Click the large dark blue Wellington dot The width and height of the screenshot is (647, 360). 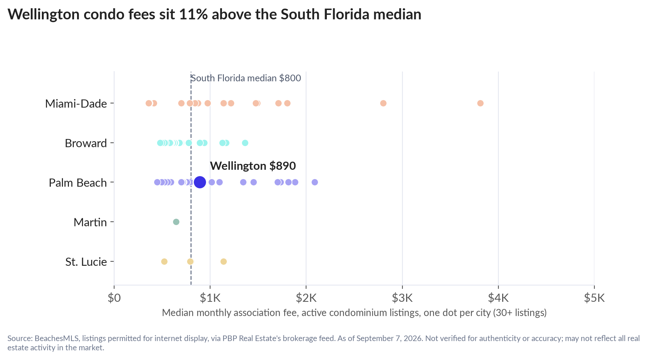pyautogui.click(x=200, y=182)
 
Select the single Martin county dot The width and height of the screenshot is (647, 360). pyautogui.click(x=176, y=222)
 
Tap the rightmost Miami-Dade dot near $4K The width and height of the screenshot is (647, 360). pyautogui.click(x=480, y=103)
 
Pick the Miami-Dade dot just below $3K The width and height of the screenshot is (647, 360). pyautogui.click(x=383, y=103)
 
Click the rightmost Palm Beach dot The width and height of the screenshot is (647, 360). pyautogui.click(x=315, y=182)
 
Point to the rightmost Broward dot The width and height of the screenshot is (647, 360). pyautogui.click(x=245, y=143)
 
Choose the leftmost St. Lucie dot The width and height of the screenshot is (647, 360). pyautogui.click(x=164, y=261)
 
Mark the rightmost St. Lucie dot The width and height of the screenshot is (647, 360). pyautogui.click(x=223, y=261)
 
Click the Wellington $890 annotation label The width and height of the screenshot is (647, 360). pyautogui.click(x=253, y=166)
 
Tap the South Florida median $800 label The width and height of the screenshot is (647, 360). pyautogui.click(x=246, y=78)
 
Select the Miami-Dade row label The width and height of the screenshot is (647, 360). pyautogui.click(x=76, y=103)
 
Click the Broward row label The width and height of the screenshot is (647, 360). pyautogui.click(x=86, y=143)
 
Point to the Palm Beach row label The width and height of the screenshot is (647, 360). pyautogui.click(x=78, y=182)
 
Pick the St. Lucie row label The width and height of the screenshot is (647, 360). pyautogui.click(x=86, y=262)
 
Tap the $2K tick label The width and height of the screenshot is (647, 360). pyautogui.click(x=306, y=298)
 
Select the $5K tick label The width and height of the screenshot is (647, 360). pyautogui.click(x=594, y=298)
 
